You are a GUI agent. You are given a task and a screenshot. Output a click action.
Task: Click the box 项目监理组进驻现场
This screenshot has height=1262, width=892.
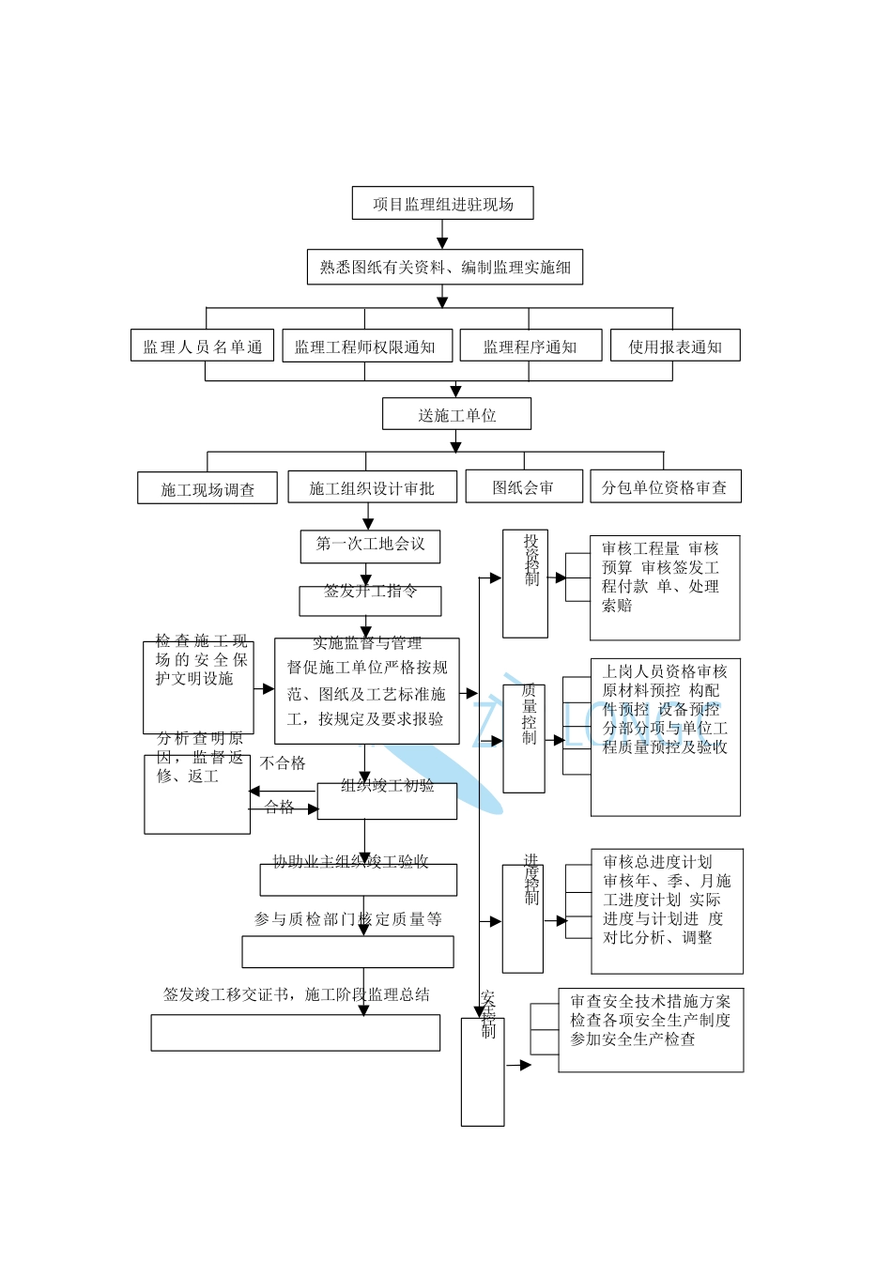tap(442, 204)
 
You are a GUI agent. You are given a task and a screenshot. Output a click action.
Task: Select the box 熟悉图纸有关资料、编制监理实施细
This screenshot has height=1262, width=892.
tap(445, 268)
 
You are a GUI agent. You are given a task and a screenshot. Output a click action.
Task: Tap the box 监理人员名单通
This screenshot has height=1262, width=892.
tap(202, 346)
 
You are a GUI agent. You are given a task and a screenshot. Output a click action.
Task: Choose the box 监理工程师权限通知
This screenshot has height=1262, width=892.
tap(366, 346)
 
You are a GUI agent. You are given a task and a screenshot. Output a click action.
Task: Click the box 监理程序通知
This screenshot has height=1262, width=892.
tap(530, 346)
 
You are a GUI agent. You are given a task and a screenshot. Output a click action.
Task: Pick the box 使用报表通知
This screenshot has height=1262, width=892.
tap(674, 346)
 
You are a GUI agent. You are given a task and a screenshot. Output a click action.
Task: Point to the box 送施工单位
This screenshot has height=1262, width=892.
tap(456, 415)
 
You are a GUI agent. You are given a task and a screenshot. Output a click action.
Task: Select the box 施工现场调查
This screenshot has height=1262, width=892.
tap(208, 488)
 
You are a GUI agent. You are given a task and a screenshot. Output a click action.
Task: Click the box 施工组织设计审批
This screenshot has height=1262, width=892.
tap(372, 487)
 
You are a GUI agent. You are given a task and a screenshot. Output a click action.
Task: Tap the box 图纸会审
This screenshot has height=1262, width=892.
tap(523, 486)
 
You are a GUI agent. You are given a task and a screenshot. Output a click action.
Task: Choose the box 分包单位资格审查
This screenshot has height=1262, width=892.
tap(665, 486)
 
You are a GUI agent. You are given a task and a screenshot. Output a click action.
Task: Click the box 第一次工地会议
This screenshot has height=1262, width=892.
tap(370, 546)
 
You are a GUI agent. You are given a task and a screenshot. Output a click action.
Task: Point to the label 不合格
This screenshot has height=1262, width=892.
tap(283, 763)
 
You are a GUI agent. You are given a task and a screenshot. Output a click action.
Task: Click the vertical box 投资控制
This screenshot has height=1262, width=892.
tap(525, 583)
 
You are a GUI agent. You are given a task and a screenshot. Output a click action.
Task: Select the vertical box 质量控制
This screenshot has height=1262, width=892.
tap(524, 738)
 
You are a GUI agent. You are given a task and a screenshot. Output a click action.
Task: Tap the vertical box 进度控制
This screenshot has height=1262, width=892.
tap(523, 918)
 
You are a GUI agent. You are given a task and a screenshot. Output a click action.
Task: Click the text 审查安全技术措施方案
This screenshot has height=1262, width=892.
tap(650, 1001)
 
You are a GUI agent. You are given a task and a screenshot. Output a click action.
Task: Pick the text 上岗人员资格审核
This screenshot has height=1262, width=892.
tap(665, 671)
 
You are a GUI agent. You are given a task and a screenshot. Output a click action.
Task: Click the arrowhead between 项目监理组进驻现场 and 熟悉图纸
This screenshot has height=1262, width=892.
tap(442, 243)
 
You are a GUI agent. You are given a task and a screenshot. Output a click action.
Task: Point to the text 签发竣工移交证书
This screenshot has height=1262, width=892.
tap(226, 994)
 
